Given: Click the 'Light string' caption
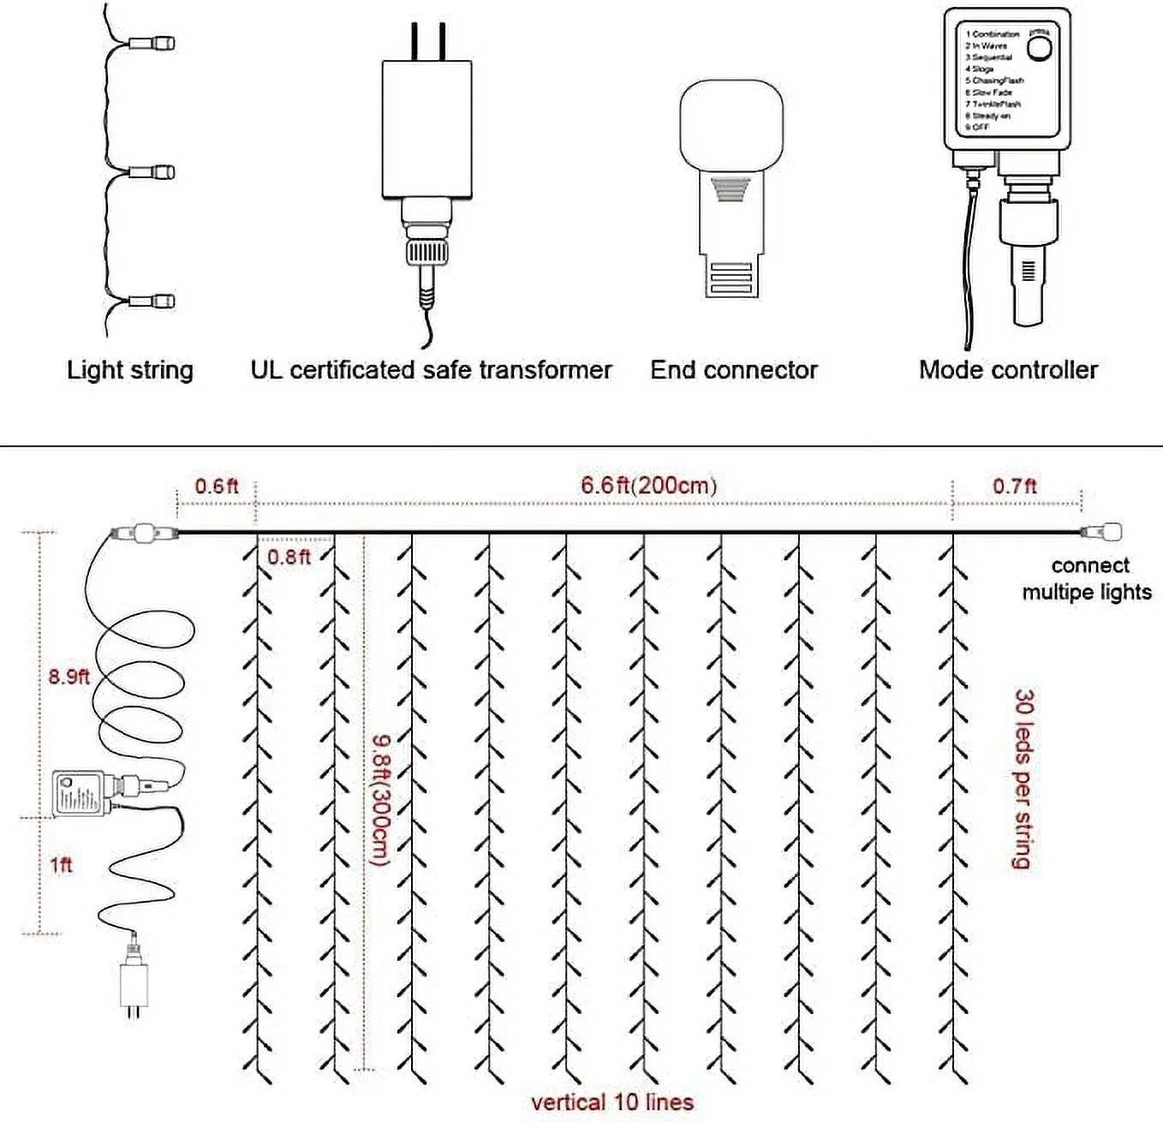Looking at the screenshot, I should (x=130, y=370).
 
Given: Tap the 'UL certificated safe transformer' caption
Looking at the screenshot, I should (x=431, y=370).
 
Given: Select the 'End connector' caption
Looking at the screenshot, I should (x=733, y=370).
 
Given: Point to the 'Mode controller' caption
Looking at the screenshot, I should (x=1008, y=370).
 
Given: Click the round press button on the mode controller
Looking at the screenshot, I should (x=1039, y=48).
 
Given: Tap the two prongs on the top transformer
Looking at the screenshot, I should (x=428, y=40).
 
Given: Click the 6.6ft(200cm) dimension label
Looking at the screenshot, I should (x=648, y=485).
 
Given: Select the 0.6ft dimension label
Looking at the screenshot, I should (x=216, y=486).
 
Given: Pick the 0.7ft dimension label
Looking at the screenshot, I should (x=1014, y=486).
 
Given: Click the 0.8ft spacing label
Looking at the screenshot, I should (x=289, y=557).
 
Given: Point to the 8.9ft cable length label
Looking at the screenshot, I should (x=69, y=676).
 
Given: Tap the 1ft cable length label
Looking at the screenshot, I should (x=61, y=864).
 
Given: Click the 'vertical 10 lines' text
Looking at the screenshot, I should (x=611, y=1102).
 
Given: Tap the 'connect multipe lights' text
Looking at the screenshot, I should (x=1088, y=579).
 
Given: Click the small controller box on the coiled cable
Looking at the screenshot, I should (x=78, y=794).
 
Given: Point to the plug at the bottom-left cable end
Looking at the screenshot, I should (x=132, y=985).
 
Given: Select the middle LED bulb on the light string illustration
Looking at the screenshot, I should (x=153, y=172).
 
